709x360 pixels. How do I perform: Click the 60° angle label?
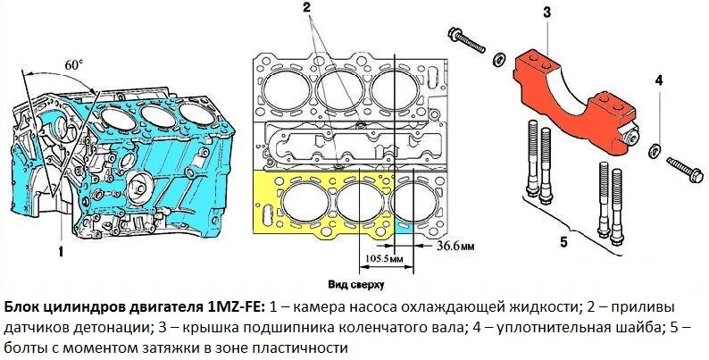point(75,64)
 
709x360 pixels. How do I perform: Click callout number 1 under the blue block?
point(61,251)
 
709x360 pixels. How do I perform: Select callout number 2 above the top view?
point(306,8)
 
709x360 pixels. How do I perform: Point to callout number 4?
point(658,81)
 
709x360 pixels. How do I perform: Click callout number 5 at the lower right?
point(564,240)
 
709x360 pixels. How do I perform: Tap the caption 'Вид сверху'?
point(355,285)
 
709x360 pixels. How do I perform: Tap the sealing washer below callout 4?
point(655,147)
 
